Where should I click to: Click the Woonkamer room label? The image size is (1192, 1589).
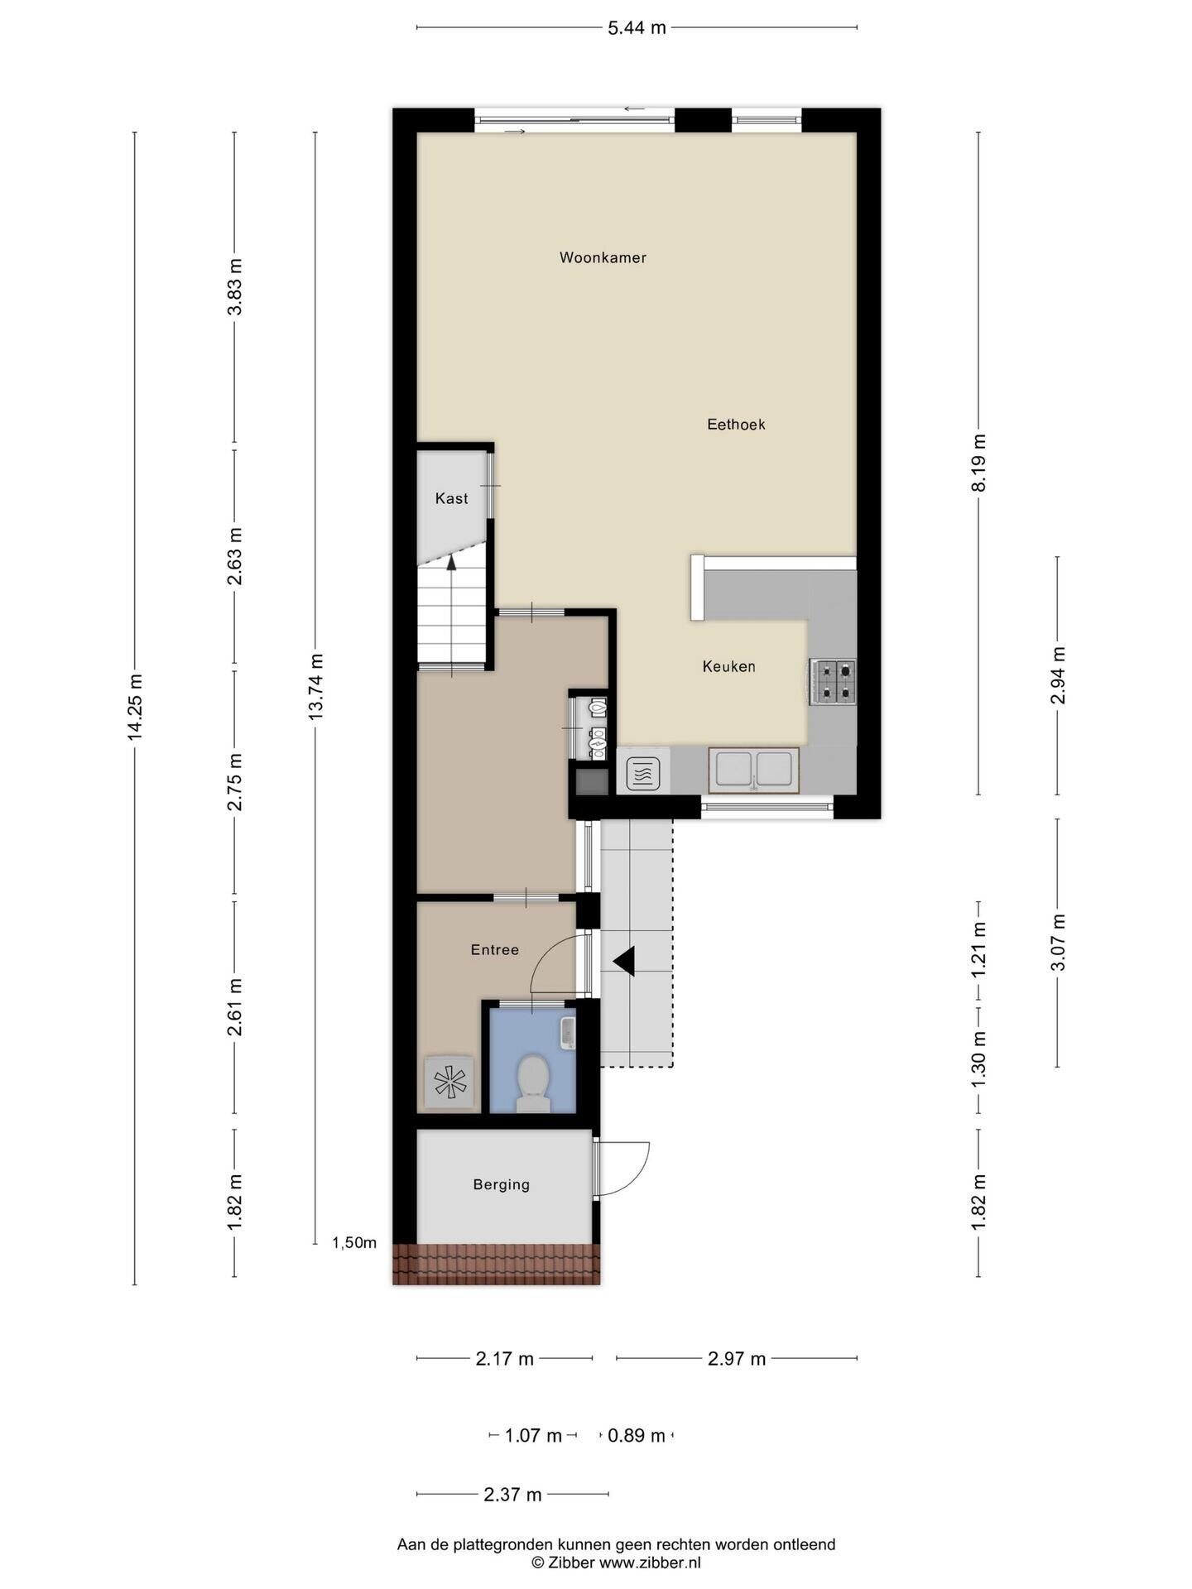(603, 257)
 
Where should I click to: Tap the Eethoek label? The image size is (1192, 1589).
(736, 425)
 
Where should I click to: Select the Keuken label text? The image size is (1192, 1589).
(728, 666)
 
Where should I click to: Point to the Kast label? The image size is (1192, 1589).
(451, 498)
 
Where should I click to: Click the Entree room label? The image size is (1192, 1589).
(495, 949)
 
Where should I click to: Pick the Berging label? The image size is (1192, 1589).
(502, 1184)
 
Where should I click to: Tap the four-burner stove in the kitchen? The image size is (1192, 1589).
(833, 682)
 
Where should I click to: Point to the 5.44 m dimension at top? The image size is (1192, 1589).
(637, 28)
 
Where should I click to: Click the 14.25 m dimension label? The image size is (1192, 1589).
(135, 706)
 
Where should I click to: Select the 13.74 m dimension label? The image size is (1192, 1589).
(315, 686)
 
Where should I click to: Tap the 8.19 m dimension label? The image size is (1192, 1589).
(978, 463)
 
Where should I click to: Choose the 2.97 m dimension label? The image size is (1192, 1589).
(737, 1358)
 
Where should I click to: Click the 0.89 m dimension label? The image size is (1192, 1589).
(637, 1436)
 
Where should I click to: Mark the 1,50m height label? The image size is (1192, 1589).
(354, 1242)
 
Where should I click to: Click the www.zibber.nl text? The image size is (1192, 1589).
(650, 1563)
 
